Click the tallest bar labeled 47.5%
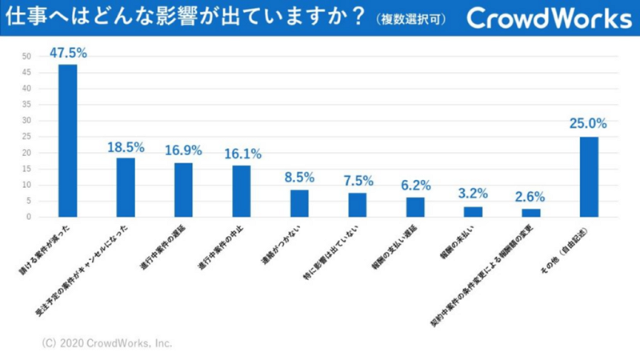[x=68, y=140]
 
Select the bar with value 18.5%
[x=126, y=187]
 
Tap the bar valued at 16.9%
[x=183, y=190]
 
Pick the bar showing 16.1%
[x=242, y=191]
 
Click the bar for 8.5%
[x=299, y=203]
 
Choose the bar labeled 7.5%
[x=357, y=205]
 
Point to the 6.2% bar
[x=415, y=207]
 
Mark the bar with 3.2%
[x=473, y=212]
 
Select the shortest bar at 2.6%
[x=530, y=213]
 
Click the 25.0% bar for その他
[x=589, y=177]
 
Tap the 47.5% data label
[x=68, y=53]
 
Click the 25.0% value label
[x=589, y=125]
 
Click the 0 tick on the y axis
[x=29, y=217]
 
